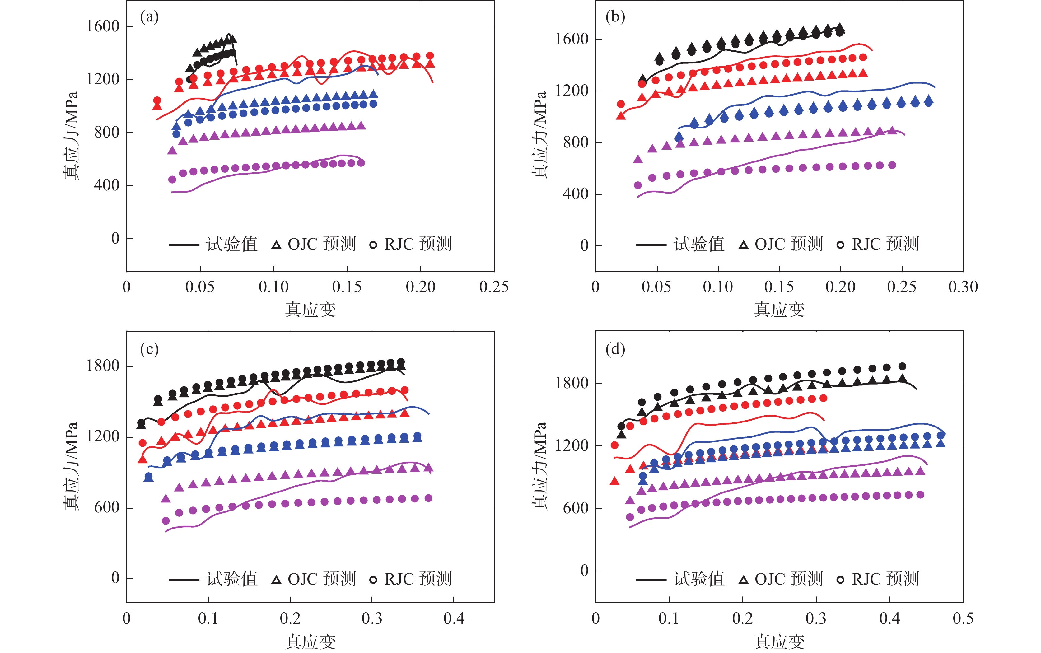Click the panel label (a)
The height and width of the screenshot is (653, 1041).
(149, 17)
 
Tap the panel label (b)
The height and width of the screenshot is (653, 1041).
(615, 17)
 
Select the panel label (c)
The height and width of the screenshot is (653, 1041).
(149, 349)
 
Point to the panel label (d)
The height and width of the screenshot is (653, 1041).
(615, 349)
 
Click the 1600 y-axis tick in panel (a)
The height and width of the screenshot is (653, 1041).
(103, 26)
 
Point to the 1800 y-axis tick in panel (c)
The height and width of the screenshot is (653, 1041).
(103, 366)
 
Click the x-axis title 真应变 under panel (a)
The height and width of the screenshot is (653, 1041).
(310, 310)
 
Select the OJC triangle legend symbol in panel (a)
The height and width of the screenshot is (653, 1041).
(276, 245)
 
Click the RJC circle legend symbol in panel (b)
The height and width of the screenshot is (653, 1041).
(840, 245)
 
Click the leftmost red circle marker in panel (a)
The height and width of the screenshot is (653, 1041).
(157, 100)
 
